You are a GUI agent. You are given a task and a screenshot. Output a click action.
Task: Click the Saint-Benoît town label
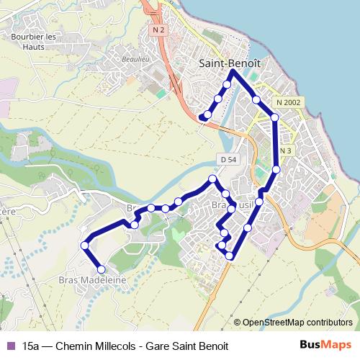point(229,63)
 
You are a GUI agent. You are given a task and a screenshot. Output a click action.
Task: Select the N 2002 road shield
point(287,102)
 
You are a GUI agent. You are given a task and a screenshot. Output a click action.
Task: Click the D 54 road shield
point(226,158)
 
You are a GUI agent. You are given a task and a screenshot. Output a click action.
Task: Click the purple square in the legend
point(9,346)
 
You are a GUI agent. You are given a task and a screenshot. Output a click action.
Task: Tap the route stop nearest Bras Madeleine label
point(101,269)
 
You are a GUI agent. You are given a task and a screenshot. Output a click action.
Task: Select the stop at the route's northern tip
point(231,72)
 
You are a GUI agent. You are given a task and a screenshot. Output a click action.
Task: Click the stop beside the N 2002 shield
point(274,116)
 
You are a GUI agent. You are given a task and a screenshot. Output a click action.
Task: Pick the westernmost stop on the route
point(85,245)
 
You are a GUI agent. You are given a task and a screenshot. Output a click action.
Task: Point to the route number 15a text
point(31,346)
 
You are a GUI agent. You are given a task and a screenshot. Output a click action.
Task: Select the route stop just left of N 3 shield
point(276,169)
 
